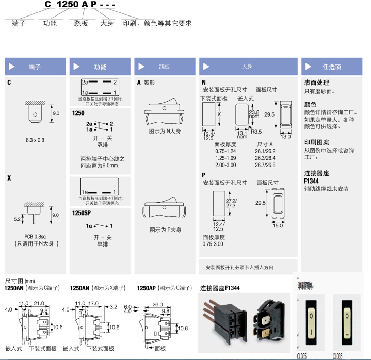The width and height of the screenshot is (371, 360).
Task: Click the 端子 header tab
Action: click(x=35, y=67)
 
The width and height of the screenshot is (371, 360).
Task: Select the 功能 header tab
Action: click(x=100, y=67)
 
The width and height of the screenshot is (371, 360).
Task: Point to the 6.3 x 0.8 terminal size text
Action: click(x=35, y=140)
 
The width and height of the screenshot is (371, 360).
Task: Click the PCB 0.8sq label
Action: click(x=35, y=237)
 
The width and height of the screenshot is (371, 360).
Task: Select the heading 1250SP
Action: click(x=82, y=212)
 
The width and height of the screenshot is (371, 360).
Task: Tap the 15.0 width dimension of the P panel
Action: click(x=278, y=225)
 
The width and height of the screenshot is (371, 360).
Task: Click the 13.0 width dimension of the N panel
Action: click(x=285, y=136)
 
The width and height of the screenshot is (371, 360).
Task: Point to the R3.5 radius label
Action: click(x=256, y=132)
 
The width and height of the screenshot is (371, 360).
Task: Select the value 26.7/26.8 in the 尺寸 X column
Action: click(x=265, y=165)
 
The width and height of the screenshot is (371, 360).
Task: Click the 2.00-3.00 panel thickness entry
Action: click(x=225, y=165)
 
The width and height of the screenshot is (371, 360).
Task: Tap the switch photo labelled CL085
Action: click(x=313, y=322)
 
